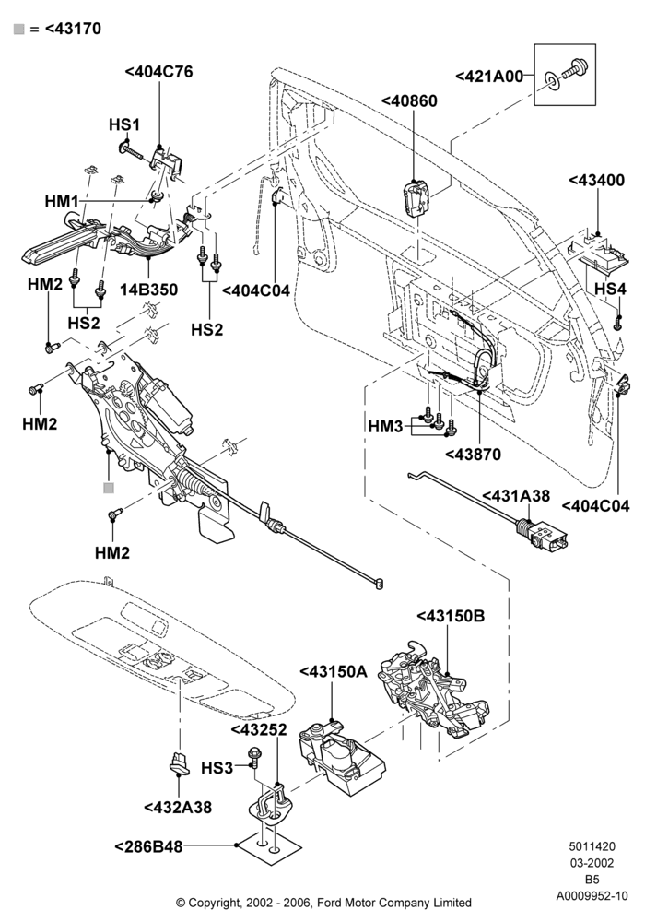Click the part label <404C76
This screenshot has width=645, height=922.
coord(158,72)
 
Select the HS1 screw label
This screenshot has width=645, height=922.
coord(124,124)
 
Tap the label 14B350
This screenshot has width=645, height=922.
coord(149,290)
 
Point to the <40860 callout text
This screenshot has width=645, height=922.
coord(409,101)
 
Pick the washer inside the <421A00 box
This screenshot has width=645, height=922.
coord(553,80)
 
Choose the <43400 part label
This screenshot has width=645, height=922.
coord(597,180)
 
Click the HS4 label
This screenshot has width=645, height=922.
coord(610,289)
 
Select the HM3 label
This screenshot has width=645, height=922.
coord(386,426)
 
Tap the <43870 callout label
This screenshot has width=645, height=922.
coord(474,455)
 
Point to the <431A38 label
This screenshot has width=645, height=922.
coord(516,496)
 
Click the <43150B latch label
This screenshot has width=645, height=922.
coord(451,616)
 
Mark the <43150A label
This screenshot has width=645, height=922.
coord(334,671)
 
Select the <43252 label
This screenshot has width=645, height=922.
coord(259,729)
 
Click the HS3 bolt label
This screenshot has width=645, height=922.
coord(217,768)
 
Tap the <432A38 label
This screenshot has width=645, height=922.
coord(178,808)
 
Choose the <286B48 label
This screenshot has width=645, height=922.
coord(148,846)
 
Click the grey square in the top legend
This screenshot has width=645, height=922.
coord(18,29)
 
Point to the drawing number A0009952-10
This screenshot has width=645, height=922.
coord(592,896)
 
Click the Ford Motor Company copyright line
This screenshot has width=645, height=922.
coord(323,902)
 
